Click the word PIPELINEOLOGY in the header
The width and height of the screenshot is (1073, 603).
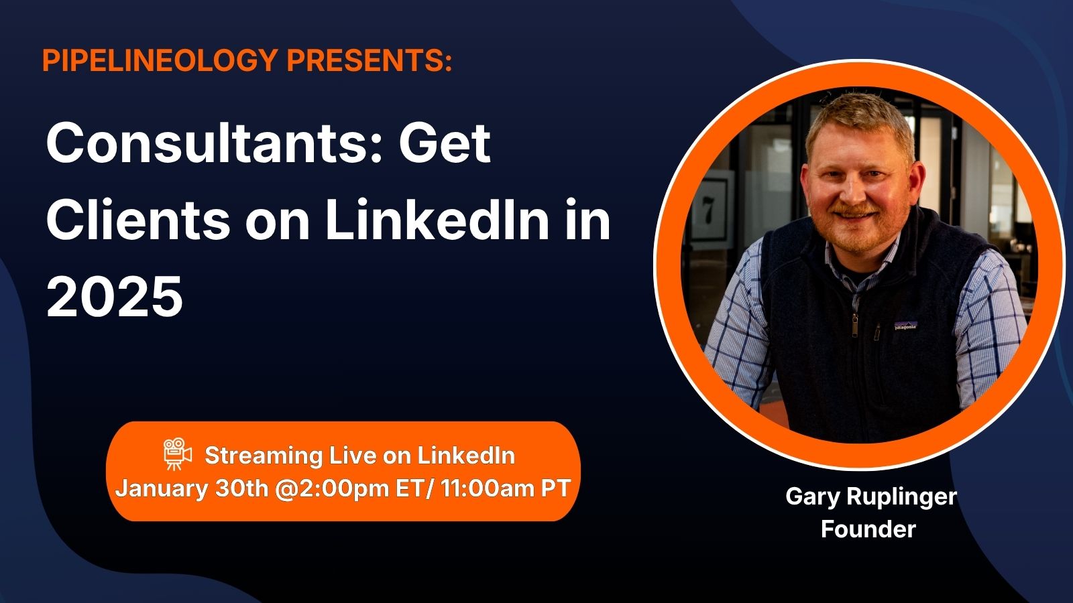pyautogui.click(x=160, y=60)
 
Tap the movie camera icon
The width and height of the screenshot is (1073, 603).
pyautogui.click(x=177, y=453)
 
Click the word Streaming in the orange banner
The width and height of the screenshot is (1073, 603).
pyautogui.click(x=264, y=456)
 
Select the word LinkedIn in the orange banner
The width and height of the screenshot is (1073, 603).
pyautogui.click(x=466, y=455)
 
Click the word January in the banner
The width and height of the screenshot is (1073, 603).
pyautogui.click(x=162, y=489)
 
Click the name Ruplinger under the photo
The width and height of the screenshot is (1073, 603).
pyautogui.click(x=901, y=497)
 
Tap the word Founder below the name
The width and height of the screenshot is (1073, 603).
pyautogui.click(x=868, y=529)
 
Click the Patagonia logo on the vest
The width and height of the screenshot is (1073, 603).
pyautogui.click(x=905, y=326)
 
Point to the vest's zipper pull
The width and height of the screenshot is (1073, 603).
pyautogui.click(x=854, y=325)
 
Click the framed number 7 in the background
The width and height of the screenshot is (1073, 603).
pyautogui.click(x=708, y=210)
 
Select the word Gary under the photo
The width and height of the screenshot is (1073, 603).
pyautogui.click(x=813, y=497)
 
